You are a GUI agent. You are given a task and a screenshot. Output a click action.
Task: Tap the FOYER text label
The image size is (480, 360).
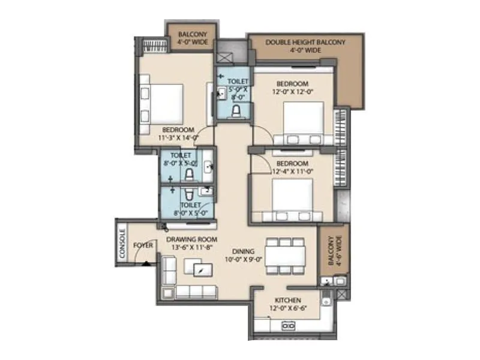pos(142,245)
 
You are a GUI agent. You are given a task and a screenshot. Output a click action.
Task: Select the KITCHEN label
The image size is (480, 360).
pos(287,300)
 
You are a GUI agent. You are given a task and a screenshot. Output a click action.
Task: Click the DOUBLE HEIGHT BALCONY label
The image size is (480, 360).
pos(305,43)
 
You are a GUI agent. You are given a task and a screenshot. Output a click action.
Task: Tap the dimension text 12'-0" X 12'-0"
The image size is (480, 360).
pos(292,92)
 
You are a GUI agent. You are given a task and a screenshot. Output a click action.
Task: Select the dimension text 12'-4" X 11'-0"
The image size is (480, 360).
pos(292,172)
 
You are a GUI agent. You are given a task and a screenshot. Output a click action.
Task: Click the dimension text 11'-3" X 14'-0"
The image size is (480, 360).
pos(178,137)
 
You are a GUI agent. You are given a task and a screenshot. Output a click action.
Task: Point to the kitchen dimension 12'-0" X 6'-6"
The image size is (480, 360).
pos(287,308)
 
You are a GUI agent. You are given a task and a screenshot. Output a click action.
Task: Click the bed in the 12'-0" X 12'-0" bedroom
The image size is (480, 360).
pos(303,122)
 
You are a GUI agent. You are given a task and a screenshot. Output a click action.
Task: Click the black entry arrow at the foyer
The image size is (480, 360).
pos(146,262)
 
